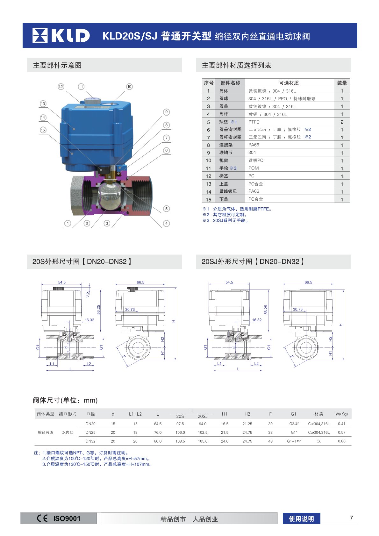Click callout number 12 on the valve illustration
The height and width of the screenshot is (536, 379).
click(x=61, y=87)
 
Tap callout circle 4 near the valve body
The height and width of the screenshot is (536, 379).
click(x=166, y=223)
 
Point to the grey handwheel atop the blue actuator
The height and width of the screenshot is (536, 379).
click(x=93, y=101)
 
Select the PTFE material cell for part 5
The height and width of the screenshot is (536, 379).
click(x=254, y=122)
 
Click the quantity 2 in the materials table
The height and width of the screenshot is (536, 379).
click(x=342, y=122)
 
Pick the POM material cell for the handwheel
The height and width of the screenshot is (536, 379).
click(x=254, y=168)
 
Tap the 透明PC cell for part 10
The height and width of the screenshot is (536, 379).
click(x=256, y=161)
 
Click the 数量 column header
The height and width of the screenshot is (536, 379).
click(x=342, y=83)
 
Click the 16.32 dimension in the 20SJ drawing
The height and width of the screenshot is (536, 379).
click(x=257, y=320)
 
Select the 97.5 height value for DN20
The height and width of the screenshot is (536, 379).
click(x=180, y=424)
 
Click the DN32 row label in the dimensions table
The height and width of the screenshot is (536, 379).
click(x=90, y=441)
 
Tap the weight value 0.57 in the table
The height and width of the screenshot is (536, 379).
click(x=341, y=432)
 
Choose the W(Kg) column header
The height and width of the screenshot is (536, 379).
click(x=341, y=414)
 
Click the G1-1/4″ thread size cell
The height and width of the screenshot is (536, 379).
click(x=294, y=441)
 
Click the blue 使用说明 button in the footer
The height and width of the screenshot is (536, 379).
click(x=301, y=519)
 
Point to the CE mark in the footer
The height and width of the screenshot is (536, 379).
click(x=42, y=518)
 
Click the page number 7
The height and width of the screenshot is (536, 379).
click(x=351, y=518)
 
